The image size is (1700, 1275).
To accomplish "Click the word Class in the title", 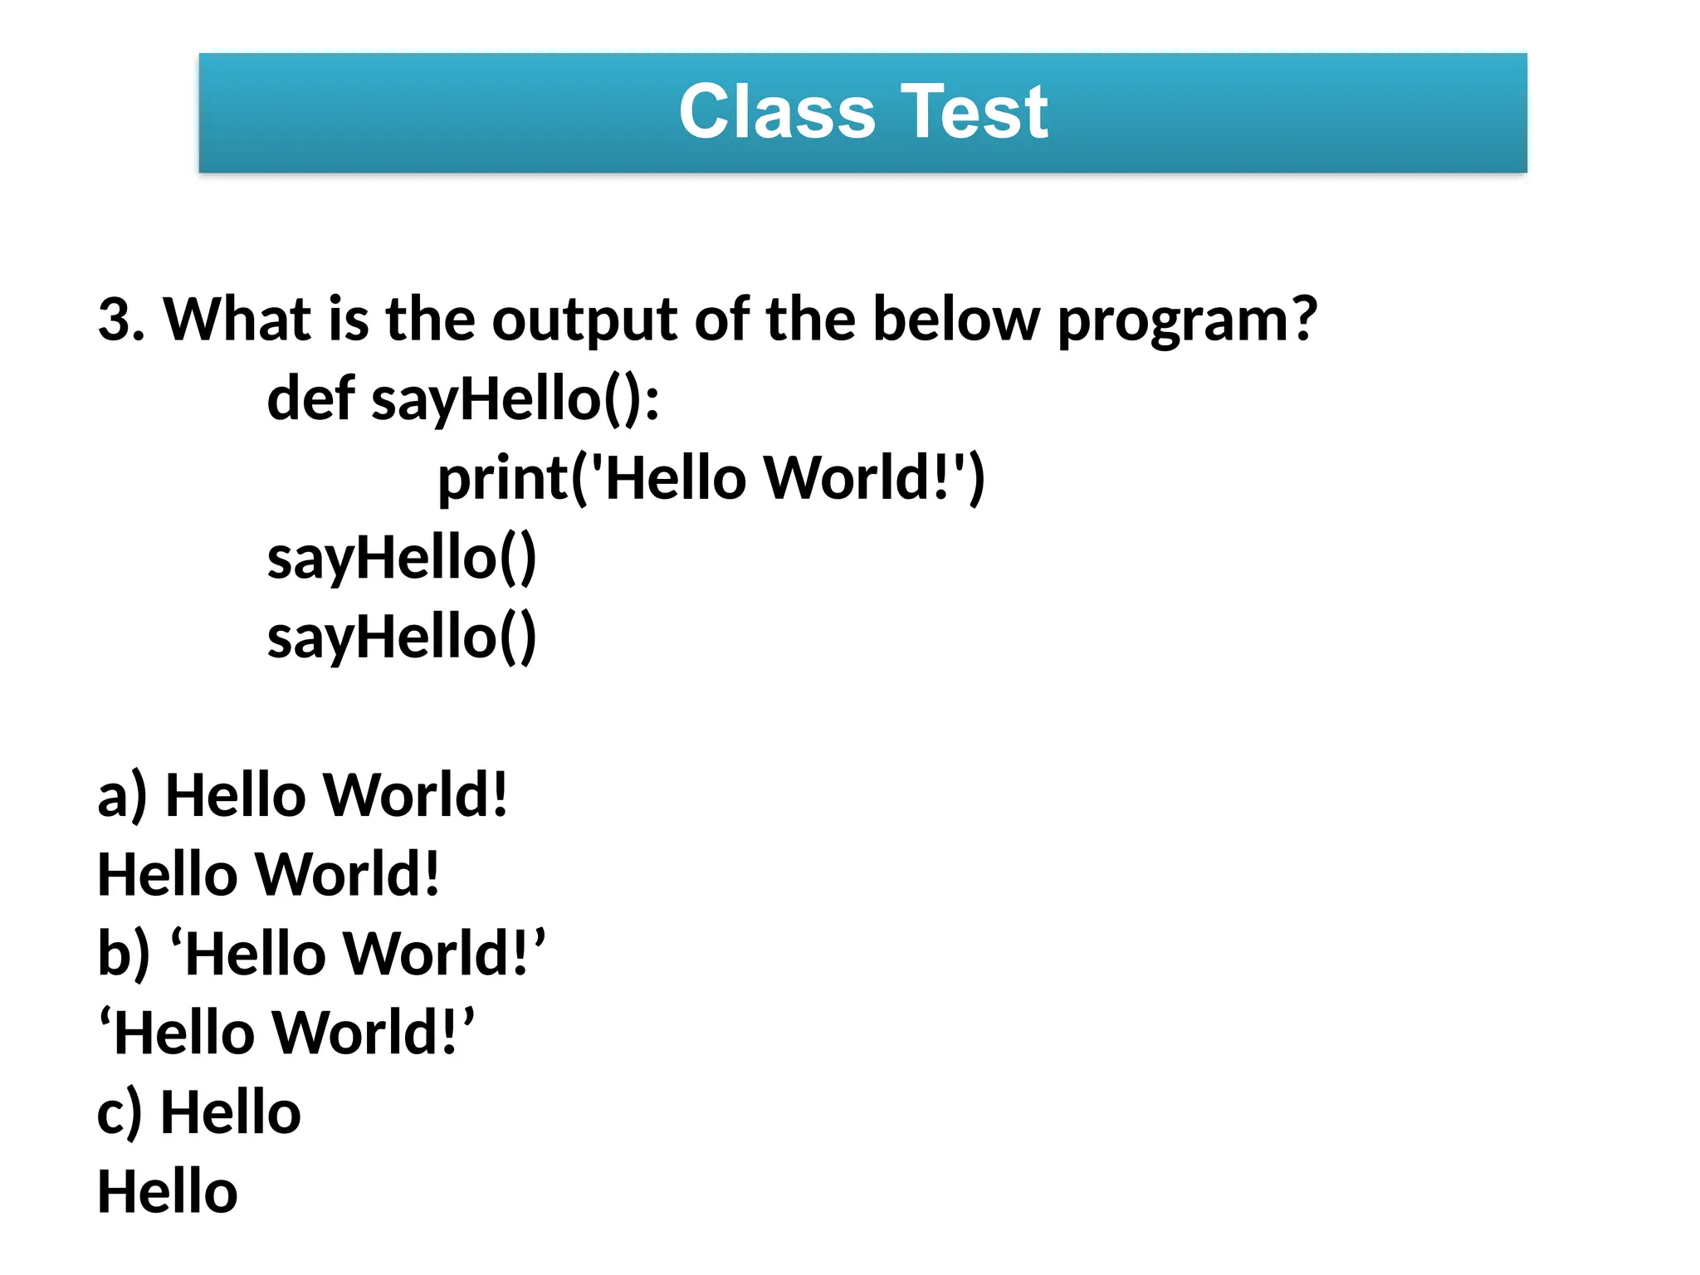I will [x=777, y=112].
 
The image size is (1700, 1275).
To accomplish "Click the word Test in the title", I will [x=975, y=112].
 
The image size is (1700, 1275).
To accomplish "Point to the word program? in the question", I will [x=1187, y=320].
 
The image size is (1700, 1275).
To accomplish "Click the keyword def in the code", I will [x=310, y=398].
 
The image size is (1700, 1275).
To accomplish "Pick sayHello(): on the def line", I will [x=515, y=398].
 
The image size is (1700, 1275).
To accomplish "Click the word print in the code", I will [x=503, y=479].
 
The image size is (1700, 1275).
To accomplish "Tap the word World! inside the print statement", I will [x=863, y=479].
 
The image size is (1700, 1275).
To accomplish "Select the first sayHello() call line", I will [x=402, y=558].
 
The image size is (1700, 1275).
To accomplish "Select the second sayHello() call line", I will [x=402, y=637].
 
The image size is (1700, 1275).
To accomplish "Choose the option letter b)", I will [x=124, y=954].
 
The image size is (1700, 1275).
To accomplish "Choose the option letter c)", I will [x=120, y=1113].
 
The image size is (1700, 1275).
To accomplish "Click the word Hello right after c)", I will [x=231, y=1113].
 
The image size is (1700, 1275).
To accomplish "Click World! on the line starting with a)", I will [x=414, y=795].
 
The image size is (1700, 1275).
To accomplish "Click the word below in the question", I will [x=955, y=320].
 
